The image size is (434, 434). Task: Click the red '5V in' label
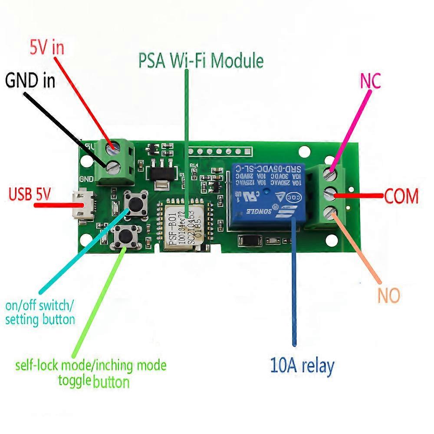click(x=46, y=48)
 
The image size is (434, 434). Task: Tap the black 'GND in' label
click(x=30, y=80)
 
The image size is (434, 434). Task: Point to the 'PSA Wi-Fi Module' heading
click(x=201, y=61)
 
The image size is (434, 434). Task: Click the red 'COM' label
click(x=401, y=197)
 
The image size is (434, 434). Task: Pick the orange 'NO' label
click(x=388, y=296)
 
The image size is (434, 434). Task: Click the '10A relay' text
click(x=302, y=366)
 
